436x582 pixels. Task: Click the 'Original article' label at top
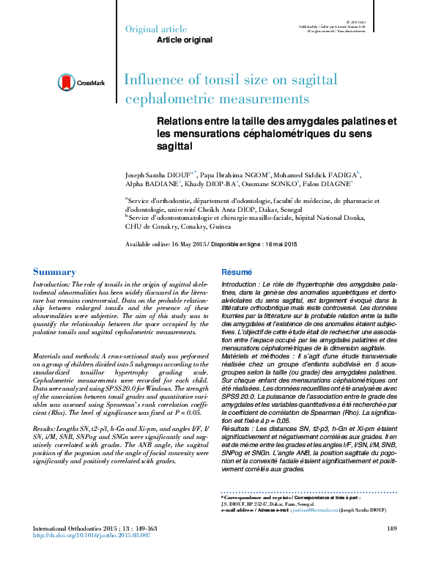point(152,29)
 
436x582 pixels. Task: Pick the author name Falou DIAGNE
point(327,186)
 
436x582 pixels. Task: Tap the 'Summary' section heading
point(55,272)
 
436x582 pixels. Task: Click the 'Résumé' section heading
point(236,272)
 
